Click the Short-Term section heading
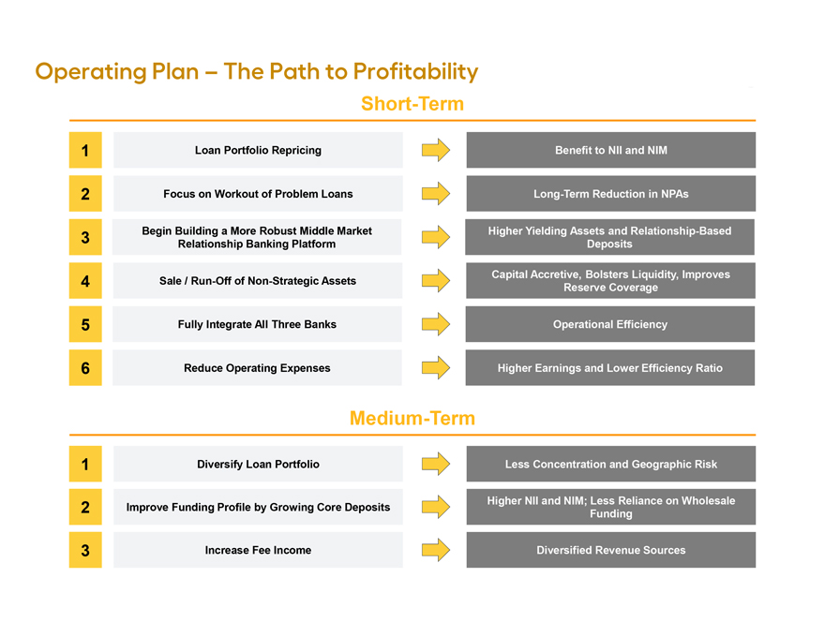pos(412,104)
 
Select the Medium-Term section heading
pos(412,418)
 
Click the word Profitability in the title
pos(415,72)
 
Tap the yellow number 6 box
pos(85,368)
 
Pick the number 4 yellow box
pos(85,281)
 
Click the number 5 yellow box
pos(85,324)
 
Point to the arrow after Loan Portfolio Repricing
pos(436,150)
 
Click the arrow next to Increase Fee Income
pos(436,550)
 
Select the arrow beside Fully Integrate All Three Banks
pos(436,324)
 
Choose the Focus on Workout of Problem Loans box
pos(258,194)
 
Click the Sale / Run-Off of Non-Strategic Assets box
pos(257,281)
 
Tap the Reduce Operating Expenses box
pos(257,368)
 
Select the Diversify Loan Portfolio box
pos(258,464)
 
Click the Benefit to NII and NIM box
pos(611,150)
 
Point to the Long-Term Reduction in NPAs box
pos(611,194)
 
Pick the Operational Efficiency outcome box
pos(610,324)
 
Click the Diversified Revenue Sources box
pos(611,550)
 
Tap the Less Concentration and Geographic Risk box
pos(611,464)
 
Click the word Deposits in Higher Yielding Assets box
pos(609,244)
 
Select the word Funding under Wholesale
pos(611,514)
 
